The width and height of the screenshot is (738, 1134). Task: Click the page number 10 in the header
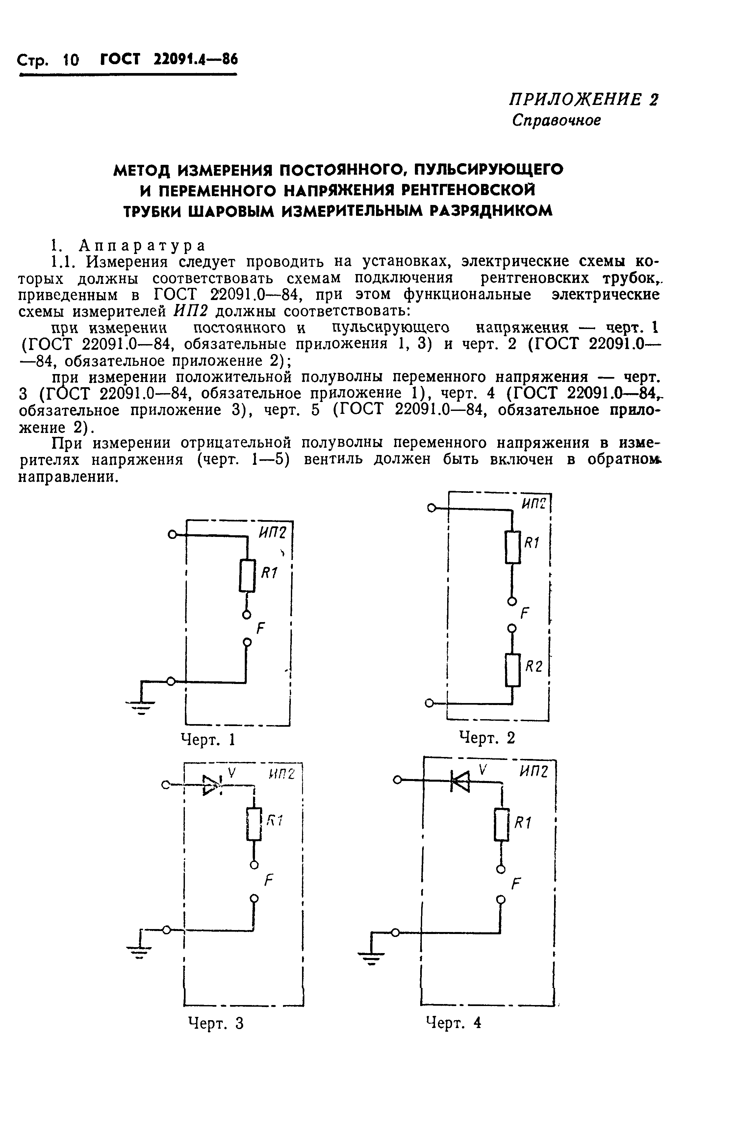(x=70, y=60)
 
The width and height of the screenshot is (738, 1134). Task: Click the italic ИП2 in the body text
(x=191, y=311)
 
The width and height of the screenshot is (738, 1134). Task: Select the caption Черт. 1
(x=208, y=740)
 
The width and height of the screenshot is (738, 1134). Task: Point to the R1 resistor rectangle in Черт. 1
(x=247, y=576)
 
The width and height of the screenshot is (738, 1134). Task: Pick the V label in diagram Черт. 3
(x=232, y=773)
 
